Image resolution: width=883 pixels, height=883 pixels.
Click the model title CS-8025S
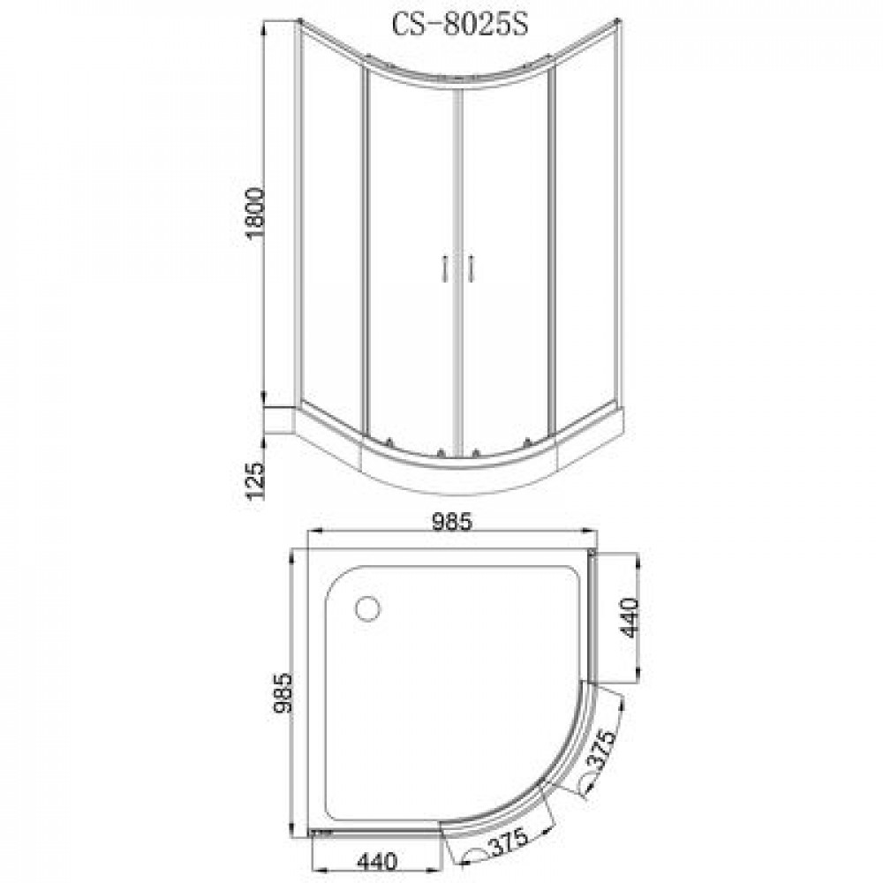[x=460, y=26]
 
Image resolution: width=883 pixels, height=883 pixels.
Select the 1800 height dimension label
[x=255, y=214]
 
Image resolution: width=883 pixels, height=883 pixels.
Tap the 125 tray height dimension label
[x=255, y=481]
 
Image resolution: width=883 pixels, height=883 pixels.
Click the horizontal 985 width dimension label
[x=451, y=523]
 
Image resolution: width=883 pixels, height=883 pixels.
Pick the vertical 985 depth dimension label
[x=283, y=693]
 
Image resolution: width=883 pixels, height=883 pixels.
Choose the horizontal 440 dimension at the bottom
[x=377, y=861]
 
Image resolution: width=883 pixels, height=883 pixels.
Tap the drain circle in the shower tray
[x=368, y=608]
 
